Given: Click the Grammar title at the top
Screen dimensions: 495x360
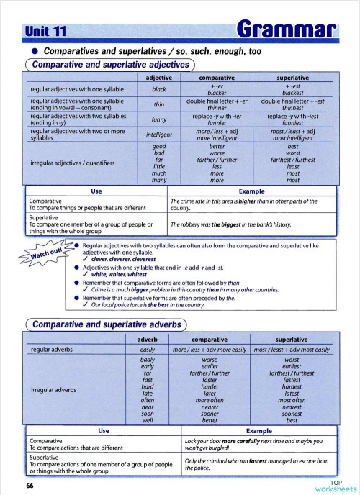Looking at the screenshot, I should point(287,30).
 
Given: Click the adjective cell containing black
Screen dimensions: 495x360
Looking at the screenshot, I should point(159,90).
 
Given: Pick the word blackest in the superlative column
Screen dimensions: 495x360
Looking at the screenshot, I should point(292,93).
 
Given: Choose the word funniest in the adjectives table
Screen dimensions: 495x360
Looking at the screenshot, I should point(292,123).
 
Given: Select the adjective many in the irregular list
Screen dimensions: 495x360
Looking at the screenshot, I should point(159,181).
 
